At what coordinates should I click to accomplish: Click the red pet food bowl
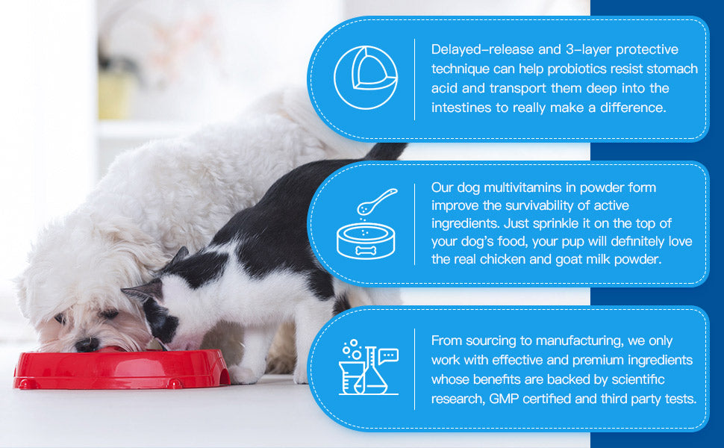tap(122, 369)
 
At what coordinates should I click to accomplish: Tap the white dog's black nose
tap(87, 344)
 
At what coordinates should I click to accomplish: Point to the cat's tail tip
tap(396, 148)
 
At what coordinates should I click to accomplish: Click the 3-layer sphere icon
tap(366, 78)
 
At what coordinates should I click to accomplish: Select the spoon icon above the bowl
tap(377, 202)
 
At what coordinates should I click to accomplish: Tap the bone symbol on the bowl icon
tap(366, 250)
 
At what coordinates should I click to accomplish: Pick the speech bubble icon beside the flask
tap(388, 356)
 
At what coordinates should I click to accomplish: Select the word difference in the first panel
tap(633, 108)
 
